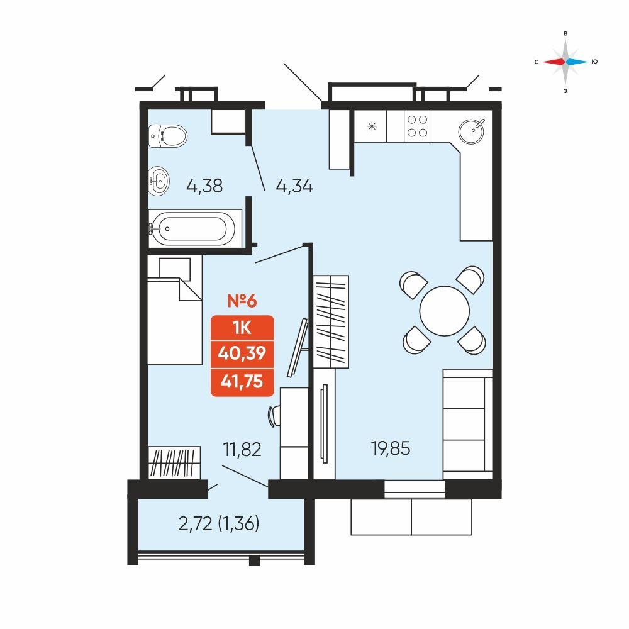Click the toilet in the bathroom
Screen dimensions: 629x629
tap(168, 136)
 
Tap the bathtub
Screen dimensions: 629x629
tap(191, 229)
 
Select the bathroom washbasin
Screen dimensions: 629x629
tap(159, 181)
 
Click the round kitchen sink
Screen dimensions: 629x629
tap(471, 131)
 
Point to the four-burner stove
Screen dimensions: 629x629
tap(417, 126)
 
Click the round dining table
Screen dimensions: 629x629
tap(445, 311)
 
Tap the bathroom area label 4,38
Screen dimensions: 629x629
tap(204, 186)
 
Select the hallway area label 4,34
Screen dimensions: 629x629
tap(294, 186)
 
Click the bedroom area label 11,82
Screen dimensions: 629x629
tap(242, 449)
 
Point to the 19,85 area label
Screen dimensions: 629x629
tap(391, 448)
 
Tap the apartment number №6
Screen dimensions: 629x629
tap(242, 301)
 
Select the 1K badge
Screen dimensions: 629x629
tap(242, 328)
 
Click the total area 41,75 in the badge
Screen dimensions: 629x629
tap(242, 381)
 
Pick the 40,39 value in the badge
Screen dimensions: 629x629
tap(242, 353)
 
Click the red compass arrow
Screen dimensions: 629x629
tap(554, 62)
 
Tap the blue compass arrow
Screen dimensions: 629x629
tap(577, 62)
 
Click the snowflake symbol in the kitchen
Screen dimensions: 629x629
tap(372, 127)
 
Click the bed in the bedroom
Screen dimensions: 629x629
tap(174, 310)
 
